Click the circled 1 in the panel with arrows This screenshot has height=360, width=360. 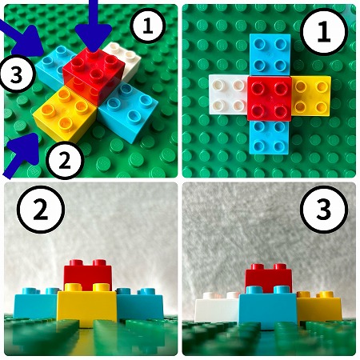pos(148,26)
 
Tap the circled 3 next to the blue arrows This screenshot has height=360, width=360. pos(17,74)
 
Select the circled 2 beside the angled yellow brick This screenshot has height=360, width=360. pos(65,160)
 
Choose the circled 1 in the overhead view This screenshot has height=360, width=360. pos(324,32)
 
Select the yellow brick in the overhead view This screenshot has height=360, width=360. pos(311,97)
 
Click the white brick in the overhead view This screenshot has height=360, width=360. pos(228,94)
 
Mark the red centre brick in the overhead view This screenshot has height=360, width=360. pos(270,98)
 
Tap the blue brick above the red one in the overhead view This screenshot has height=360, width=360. pos(270,54)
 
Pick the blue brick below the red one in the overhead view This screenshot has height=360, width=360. pos(270,138)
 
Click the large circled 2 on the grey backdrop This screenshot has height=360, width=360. pos(41,210)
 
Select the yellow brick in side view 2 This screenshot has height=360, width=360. pos(86,306)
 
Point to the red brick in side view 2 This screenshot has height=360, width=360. pos(88,274)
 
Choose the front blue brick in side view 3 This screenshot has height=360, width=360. pos(268,307)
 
